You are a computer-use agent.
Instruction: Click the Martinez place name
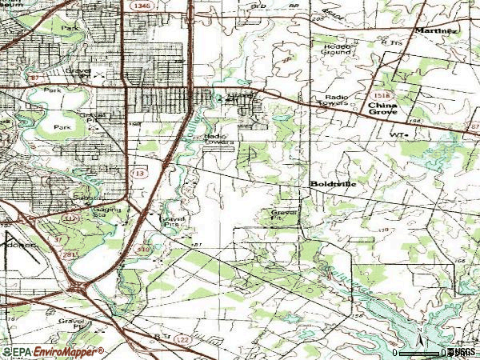(437, 30)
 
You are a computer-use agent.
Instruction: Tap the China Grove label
(384, 109)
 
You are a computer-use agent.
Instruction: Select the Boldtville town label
(334, 183)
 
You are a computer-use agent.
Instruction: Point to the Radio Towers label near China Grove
(336, 99)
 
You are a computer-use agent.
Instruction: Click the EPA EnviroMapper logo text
(53, 352)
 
